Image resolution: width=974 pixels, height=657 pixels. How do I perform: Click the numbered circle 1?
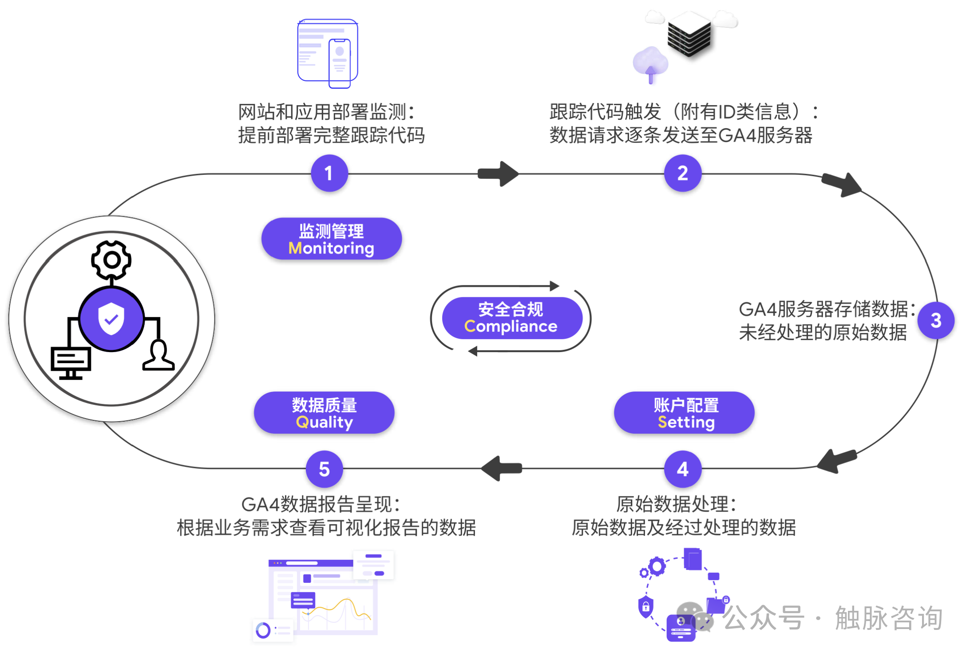pyautogui.click(x=329, y=173)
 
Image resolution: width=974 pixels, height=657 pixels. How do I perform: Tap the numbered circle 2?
pyautogui.click(x=682, y=173)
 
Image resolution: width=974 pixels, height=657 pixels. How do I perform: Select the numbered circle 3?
pyautogui.click(x=936, y=320)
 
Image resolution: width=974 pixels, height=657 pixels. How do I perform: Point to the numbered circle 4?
pyautogui.click(x=682, y=469)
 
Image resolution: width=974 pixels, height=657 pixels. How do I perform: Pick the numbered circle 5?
pyautogui.click(x=324, y=469)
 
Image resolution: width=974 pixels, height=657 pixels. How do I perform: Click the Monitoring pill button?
pyautogui.click(x=331, y=239)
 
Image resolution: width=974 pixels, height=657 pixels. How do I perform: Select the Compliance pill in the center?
pyautogui.click(x=511, y=318)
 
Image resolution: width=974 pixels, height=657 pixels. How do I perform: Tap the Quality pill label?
pyautogui.click(x=324, y=413)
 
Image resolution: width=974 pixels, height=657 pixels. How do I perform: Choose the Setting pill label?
pyautogui.click(x=684, y=413)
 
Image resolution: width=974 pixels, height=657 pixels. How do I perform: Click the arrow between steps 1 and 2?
pyautogui.click(x=498, y=174)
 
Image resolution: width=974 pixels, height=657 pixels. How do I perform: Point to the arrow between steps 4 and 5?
pyautogui.click(x=502, y=468)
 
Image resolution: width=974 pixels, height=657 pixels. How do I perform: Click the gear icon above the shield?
pyautogui.click(x=111, y=260)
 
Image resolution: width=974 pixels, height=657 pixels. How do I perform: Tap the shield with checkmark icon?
pyautogui.click(x=111, y=319)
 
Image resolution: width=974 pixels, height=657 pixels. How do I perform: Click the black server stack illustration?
pyautogui.click(x=689, y=35)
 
